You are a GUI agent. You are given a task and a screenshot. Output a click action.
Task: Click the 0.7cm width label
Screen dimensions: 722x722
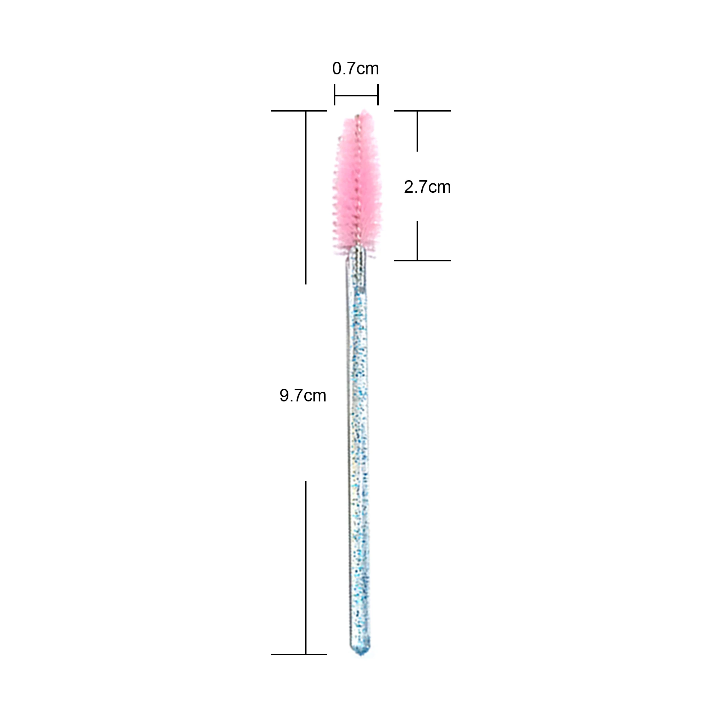point(355,69)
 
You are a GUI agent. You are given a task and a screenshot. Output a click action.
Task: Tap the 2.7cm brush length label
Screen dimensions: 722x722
point(427,187)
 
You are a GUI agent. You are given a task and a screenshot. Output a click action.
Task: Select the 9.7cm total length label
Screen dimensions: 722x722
point(303,395)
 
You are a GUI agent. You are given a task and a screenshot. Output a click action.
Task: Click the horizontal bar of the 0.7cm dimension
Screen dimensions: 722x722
point(356,95)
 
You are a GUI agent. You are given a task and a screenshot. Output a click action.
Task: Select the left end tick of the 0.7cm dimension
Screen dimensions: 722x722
point(335,95)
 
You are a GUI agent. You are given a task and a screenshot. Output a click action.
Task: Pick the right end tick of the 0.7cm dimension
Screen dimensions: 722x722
point(378,95)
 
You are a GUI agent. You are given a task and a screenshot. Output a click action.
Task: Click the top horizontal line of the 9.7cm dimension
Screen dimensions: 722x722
point(299,110)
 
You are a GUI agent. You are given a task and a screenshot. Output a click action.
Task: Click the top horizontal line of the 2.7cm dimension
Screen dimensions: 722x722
point(422,110)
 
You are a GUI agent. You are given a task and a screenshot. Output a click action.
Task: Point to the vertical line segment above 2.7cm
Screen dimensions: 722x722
point(417,131)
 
